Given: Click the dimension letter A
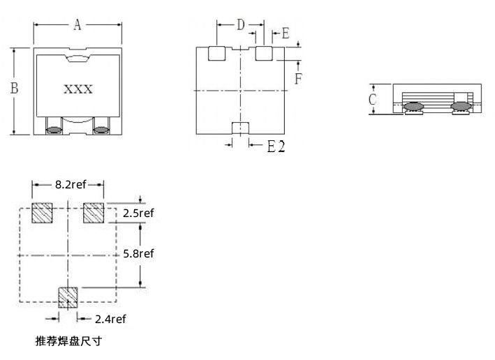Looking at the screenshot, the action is [x=77, y=24].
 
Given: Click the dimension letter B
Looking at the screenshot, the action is [x=14, y=88].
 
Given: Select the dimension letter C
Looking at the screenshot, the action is [x=373, y=99].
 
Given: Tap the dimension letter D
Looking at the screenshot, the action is [x=241, y=24].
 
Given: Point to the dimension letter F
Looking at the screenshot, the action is [x=298, y=79].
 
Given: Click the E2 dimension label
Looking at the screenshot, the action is [x=276, y=147].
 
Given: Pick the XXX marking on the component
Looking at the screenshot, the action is [x=78, y=89].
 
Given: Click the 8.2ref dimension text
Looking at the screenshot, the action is [x=71, y=185].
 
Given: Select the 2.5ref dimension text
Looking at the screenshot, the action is [x=138, y=213].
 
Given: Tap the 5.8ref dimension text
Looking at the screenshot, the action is [x=138, y=254].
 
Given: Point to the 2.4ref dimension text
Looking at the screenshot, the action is [x=110, y=320].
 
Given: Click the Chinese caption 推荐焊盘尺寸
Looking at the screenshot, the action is [x=68, y=341].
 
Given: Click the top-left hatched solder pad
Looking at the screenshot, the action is [x=42, y=213].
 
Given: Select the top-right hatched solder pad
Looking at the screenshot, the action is [x=94, y=213].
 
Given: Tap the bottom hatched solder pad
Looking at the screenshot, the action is [x=68, y=297].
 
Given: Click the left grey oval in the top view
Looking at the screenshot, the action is [x=54, y=130].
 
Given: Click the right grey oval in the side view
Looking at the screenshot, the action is [x=461, y=106].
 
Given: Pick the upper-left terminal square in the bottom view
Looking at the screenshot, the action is [x=216, y=53].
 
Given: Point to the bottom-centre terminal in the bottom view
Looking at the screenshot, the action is [x=241, y=128].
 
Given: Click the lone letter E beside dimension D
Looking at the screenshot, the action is [x=286, y=33].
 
